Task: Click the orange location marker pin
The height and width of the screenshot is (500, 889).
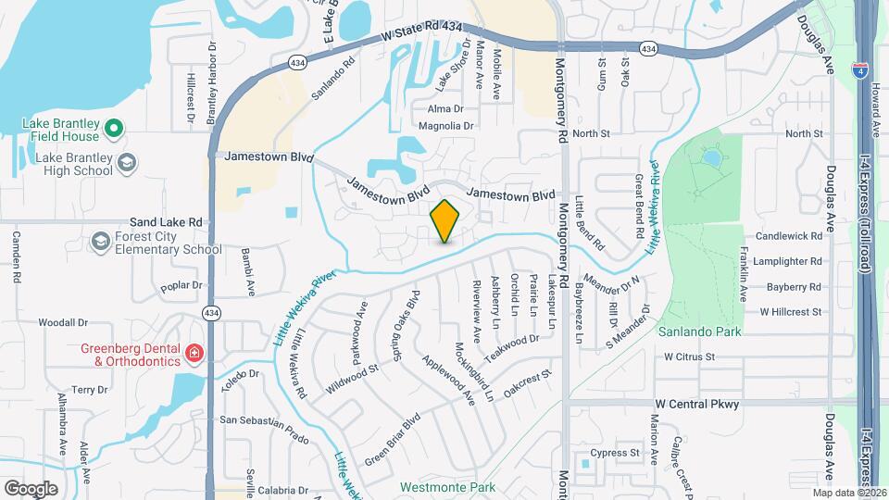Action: pyautogui.click(x=445, y=221)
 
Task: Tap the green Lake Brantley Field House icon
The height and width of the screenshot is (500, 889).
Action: pyautogui.click(x=114, y=129)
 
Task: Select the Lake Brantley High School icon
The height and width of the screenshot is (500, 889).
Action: pyautogui.click(x=127, y=164)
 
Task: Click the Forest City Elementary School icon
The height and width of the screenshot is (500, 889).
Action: pyautogui.click(x=99, y=243)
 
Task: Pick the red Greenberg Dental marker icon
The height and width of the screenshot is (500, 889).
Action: pyautogui.click(x=194, y=353)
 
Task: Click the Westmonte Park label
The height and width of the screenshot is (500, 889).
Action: pyautogui.click(x=447, y=487)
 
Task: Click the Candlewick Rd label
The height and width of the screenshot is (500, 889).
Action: pyautogui.click(x=789, y=236)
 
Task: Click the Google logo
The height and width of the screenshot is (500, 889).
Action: pyautogui.click(x=31, y=488)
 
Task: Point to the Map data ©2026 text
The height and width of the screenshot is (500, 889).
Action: pyautogui.click(x=849, y=493)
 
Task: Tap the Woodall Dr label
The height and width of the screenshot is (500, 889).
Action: pyautogui.click(x=63, y=323)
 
